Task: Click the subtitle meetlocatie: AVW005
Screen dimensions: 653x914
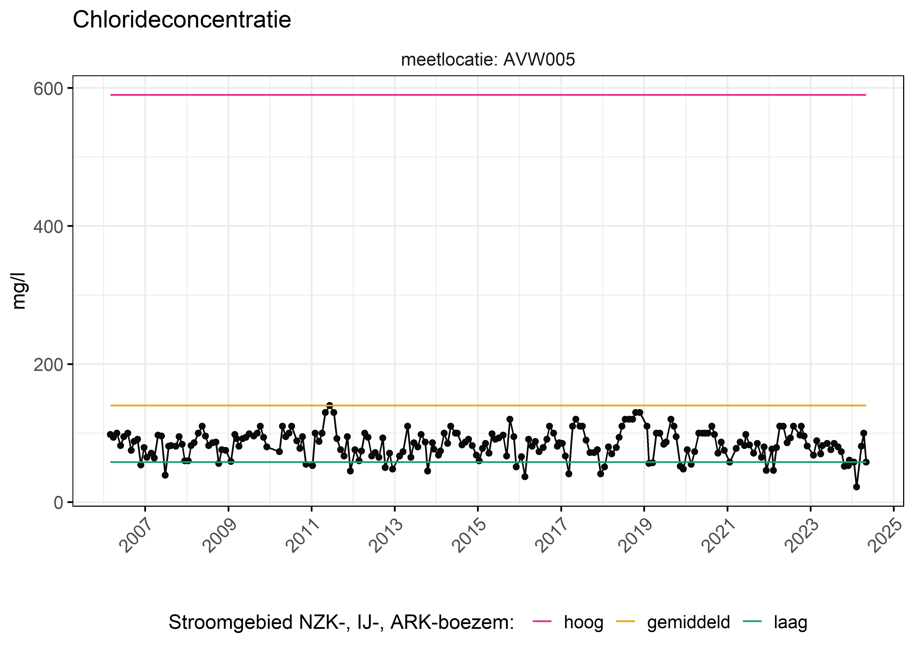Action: (x=488, y=59)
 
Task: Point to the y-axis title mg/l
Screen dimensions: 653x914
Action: (x=19, y=291)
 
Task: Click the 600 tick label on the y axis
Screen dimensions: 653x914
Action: (x=48, y=89)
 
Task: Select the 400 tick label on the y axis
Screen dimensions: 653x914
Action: (x=48, y=227)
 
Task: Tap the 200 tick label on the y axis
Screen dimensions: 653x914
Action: (x=48, y=365)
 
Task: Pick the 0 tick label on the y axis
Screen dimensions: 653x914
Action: (x=59, y=503)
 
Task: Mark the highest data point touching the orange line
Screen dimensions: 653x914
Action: (x=330, y=405)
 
